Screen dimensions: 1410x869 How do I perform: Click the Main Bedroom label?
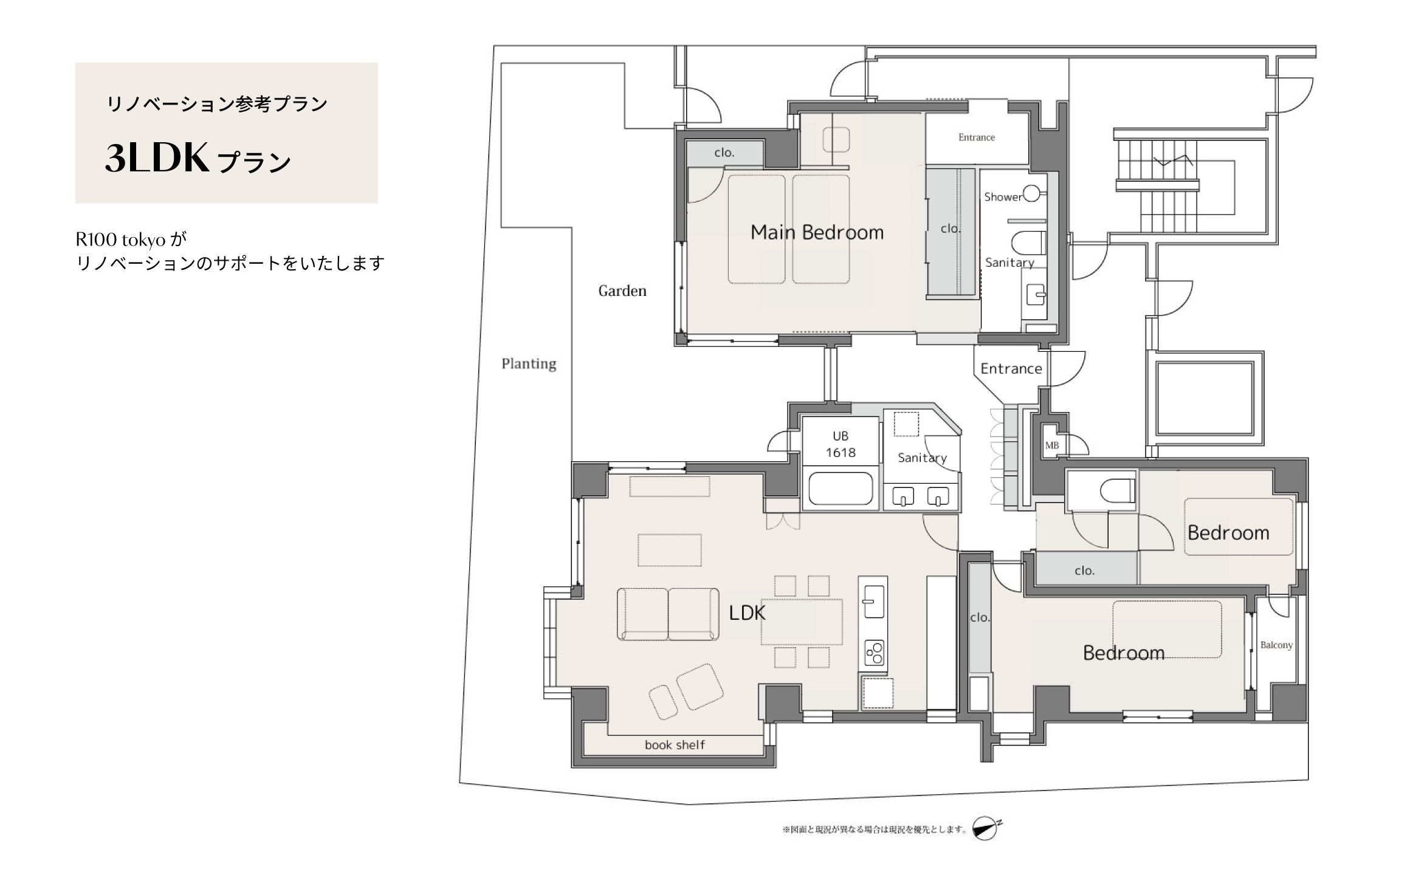(x=817, y=232)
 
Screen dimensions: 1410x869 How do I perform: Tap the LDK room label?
(x=747, y=613)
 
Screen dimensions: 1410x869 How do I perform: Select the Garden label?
(x=622, y=291)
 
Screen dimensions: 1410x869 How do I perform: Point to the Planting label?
(x=529, y=363)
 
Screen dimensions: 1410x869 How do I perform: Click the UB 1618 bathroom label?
(x=841, y=444)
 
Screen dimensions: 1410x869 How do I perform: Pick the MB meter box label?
(x=1052, y=445)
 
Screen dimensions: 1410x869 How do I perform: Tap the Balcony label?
(x=1276, y=645)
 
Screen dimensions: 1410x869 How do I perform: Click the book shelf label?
(x=675, y=745)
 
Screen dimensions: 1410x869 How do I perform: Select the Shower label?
(x=1003, y=197)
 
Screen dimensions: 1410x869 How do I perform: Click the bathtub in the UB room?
(x=841, y=488)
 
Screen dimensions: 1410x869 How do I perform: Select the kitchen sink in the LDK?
(x=873, y=601)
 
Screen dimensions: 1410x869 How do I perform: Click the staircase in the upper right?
(x=1158, y=186)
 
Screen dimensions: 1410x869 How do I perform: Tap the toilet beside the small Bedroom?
(x=1116, y=491)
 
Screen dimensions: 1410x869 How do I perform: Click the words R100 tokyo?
(x=121, y=240)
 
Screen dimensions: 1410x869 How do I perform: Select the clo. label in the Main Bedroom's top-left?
(x=724, y=153)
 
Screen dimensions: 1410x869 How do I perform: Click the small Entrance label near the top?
(x=977, y=137)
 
